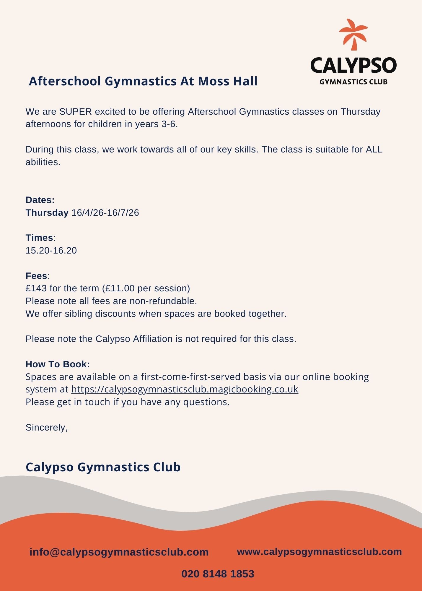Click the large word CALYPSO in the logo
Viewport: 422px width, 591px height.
click(x=353, y=65)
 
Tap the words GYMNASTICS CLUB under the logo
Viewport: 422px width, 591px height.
click(x=353, y=82)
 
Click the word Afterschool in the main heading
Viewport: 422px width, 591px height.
click(x=65, y=81)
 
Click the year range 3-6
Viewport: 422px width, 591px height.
click(x=169, y=124)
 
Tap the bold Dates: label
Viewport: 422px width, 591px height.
click(x=40, y=200)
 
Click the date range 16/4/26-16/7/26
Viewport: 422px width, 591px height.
click(x=105, y=213)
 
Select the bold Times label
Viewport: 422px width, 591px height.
click(x=39, y=238)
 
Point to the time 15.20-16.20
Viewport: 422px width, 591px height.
click(x=51, y=251)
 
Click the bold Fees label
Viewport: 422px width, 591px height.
click(x=36, y=276)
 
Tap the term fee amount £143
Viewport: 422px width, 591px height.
click(x=36, y=288)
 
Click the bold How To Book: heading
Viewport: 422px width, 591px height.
click(x=58, y=364)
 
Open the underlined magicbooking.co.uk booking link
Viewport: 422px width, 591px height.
click(x=185, y=389)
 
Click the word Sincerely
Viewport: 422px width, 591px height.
click(x=46, y=428)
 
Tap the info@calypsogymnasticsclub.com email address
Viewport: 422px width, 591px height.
click(x=119, y=552)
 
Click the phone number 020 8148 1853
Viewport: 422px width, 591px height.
click(x=218, y=574)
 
